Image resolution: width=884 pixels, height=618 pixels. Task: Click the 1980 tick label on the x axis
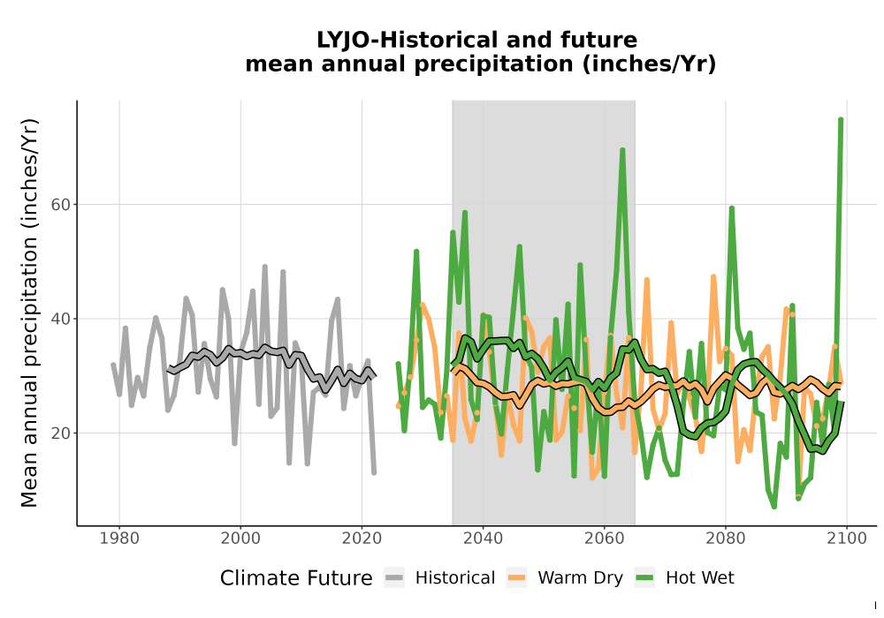119,539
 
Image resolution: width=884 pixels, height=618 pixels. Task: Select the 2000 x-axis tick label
240,539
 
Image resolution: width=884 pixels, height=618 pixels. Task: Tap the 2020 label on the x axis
362,539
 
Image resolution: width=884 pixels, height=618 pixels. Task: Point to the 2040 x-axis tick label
483,539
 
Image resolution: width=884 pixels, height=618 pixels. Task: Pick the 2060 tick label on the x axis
604,539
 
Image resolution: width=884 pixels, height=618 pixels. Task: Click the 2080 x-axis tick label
725,539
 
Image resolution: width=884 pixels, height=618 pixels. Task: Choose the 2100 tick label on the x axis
846,539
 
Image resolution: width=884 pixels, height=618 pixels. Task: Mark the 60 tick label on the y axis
61,205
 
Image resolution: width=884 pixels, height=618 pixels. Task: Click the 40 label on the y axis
61,319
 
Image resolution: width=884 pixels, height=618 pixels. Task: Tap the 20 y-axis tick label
61,433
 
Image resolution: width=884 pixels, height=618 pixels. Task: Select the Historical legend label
455,578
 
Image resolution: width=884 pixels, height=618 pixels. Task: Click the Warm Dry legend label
580,578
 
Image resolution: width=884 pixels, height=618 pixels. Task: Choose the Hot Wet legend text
699,578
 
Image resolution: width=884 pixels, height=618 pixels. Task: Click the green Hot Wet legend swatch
644,578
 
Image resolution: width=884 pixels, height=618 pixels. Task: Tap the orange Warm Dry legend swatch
516,578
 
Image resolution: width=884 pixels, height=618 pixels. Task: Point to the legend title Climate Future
296,578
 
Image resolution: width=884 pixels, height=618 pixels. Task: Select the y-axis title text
29,313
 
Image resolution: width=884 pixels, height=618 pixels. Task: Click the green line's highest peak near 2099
841,119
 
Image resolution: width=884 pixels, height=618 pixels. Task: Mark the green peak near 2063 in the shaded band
622,150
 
